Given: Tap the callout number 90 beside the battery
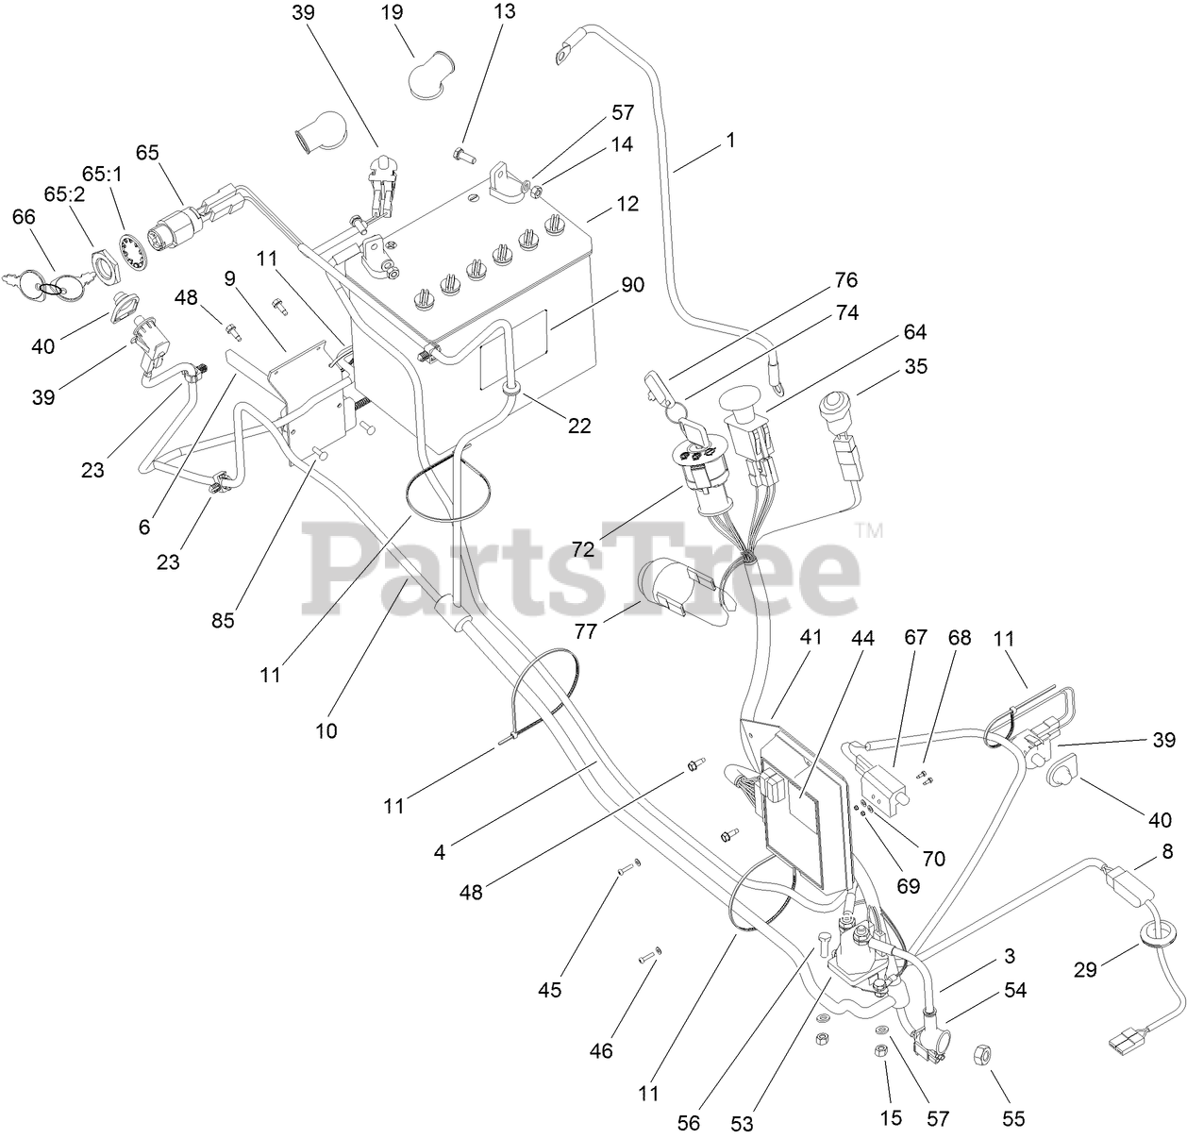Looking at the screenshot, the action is point(633,284).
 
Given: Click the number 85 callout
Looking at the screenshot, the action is point(223,620).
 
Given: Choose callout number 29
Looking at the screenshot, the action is point(1086,968).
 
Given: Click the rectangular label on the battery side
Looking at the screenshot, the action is point(513,349).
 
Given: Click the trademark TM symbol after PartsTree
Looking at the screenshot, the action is point(869,531).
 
